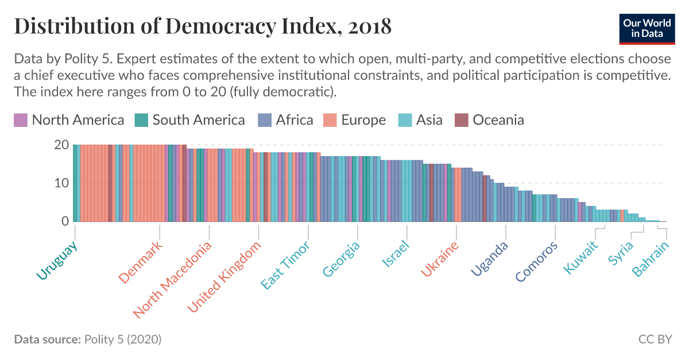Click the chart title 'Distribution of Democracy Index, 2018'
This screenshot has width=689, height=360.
202,26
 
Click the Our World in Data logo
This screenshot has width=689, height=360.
647,27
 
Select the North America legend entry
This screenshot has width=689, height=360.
69,120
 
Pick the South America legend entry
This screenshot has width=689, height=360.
189,120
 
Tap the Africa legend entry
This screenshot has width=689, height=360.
285,120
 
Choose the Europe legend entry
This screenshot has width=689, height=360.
354,120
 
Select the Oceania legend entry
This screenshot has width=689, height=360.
489,120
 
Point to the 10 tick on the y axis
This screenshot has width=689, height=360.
62,184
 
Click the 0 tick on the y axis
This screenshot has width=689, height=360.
65,222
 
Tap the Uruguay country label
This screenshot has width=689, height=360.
57,261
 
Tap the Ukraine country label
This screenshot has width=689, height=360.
440,259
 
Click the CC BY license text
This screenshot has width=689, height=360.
655,339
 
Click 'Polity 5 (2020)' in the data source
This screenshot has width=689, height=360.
123,339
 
